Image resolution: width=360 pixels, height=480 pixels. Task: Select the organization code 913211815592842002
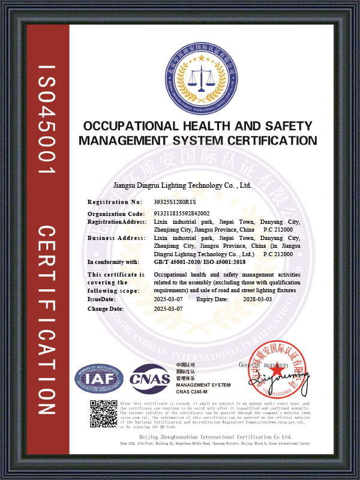tap(182, 214)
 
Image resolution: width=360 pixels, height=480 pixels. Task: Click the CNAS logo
tap(150, 379)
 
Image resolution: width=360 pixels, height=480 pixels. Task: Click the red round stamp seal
tap(277, 379)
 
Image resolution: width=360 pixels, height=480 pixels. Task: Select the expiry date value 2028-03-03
tap(257, 299)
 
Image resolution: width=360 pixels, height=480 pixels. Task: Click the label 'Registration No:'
tap(115, 202)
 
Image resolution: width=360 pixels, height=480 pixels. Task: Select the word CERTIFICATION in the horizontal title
tap(265, 141)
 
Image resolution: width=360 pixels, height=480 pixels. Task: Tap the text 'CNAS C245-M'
tap(191, 391)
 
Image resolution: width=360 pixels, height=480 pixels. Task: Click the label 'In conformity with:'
tap(113, 262)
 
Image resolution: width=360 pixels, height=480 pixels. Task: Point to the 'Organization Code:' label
tap(116, 214)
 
